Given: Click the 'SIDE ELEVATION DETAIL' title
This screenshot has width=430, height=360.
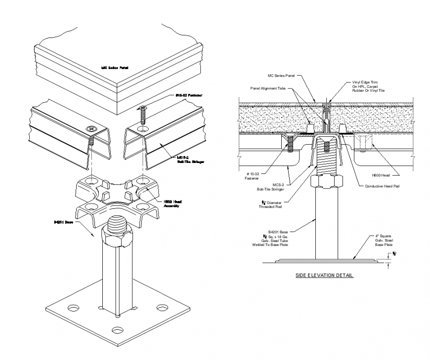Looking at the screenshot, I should pyautogui.click(x=324, y=275).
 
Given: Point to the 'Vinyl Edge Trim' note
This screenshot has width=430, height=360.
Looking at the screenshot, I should pyautogui.click(x=368, y=86).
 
